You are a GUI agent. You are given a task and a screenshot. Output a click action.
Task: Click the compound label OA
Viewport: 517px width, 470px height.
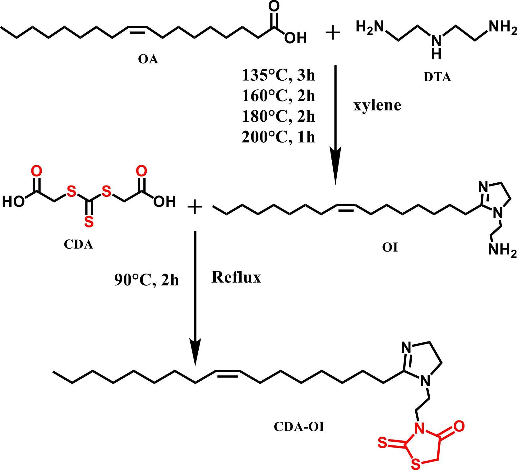tap(148, 59)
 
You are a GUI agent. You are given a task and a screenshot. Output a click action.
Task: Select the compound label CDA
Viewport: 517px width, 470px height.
tap(78, 245)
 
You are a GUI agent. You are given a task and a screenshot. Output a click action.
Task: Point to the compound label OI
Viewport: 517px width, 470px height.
tap(390, 248)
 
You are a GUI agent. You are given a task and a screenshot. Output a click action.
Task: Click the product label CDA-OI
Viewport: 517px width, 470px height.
tap(299, 427)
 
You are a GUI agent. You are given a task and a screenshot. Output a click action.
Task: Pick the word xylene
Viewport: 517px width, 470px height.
tap(377, 106)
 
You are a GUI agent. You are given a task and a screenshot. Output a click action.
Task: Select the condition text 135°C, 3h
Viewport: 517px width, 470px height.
tap(278, 75)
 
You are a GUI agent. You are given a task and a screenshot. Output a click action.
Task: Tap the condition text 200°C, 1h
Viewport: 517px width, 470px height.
tap(278, 137)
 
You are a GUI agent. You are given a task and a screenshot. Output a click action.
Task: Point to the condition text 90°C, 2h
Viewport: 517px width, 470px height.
tap(147, 280)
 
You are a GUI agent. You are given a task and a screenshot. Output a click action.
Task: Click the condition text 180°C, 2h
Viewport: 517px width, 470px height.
tap(278, 116)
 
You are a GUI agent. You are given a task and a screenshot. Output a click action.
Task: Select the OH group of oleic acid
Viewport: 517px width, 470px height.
tap(295, 38)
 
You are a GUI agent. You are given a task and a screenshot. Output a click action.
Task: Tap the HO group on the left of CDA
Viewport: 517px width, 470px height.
tap(13, 202)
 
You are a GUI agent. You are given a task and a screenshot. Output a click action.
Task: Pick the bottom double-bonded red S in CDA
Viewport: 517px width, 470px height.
tap(89, 222)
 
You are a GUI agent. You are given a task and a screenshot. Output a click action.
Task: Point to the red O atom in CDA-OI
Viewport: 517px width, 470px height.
tap(459, 426)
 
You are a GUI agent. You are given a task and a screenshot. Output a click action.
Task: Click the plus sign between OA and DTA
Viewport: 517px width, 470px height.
tap(333, 33)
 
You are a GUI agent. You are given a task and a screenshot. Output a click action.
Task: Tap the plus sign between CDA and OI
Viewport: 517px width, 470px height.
tap(195, 207)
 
